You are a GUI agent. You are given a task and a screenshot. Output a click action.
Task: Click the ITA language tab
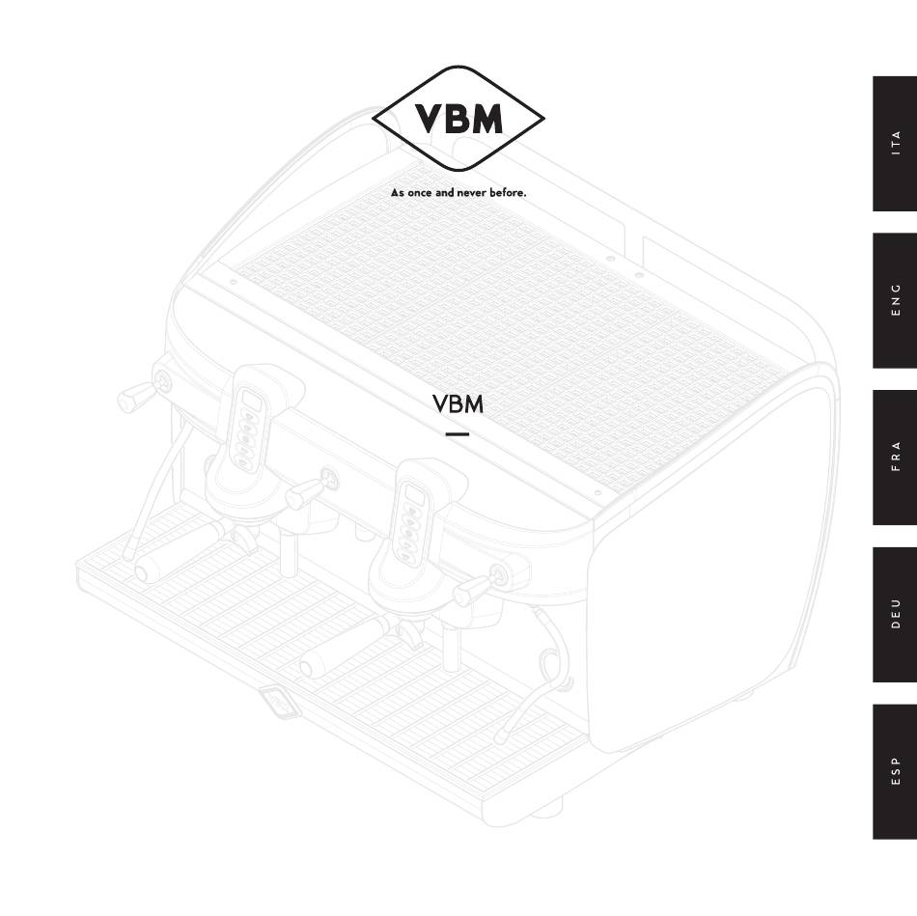pos(895,143)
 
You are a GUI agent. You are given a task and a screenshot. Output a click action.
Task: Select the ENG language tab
pos(895,300)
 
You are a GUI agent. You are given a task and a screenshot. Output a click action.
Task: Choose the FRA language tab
pos(895,458)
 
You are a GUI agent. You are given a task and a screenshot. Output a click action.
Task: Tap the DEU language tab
pos(895,614)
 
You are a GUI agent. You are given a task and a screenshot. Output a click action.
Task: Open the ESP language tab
pos(895,771)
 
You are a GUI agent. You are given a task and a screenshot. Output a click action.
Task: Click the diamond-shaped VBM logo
pos(458,118)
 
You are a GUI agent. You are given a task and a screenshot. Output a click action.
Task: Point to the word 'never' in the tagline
pos(471,192)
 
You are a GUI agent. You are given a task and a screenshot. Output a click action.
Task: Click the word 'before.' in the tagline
pos(508,192)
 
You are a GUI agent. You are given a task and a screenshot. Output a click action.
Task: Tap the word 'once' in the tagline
pos(419,192)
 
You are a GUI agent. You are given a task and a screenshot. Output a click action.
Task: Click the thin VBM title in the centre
pos(458,404)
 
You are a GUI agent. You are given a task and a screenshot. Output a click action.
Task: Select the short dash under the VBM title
pos(458,434)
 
